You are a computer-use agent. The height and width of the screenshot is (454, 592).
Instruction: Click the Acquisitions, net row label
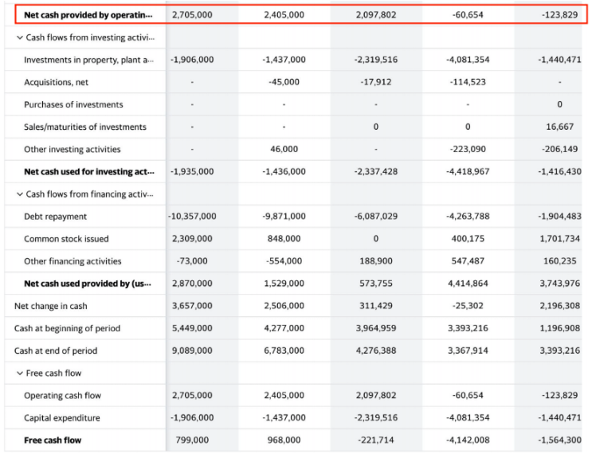56,82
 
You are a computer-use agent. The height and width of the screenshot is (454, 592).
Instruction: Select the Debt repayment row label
55,217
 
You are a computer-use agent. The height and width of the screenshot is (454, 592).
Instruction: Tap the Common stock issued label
66,239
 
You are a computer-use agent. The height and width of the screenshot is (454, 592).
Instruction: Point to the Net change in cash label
51,306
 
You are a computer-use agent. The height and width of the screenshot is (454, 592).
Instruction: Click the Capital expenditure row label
62,417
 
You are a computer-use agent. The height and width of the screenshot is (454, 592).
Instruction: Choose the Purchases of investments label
73,104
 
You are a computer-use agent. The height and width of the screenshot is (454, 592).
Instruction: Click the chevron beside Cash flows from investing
20,37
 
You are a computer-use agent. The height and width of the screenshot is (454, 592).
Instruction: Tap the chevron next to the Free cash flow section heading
20,373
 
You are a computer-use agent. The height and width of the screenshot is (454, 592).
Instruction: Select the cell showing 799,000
192,440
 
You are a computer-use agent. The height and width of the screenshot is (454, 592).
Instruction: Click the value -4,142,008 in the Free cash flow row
468,440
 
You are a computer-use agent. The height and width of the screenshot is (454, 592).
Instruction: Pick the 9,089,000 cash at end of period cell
192,350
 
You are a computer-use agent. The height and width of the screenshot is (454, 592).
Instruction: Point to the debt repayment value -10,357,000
192,217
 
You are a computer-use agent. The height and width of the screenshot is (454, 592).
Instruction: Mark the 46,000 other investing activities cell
284,149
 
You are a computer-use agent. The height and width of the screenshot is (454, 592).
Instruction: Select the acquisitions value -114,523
468,82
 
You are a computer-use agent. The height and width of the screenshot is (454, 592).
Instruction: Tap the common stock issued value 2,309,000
192,239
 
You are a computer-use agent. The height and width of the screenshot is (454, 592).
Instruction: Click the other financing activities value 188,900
376,261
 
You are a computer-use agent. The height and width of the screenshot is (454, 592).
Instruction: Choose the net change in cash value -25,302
468,306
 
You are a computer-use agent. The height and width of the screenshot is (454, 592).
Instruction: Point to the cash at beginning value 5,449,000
192,328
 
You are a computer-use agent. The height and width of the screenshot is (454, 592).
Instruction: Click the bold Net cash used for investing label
87,171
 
